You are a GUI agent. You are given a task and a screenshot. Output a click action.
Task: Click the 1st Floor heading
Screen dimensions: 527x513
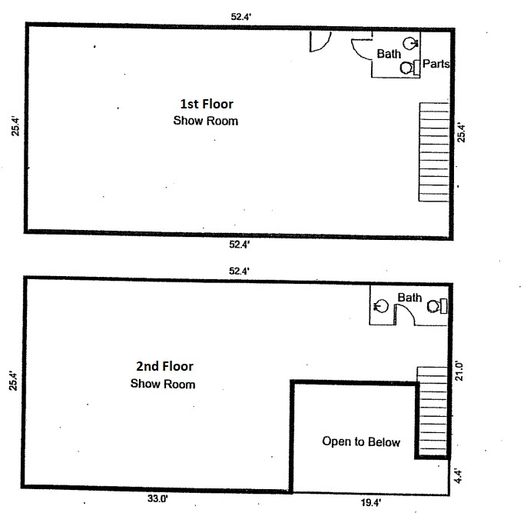click(x=207, y=104)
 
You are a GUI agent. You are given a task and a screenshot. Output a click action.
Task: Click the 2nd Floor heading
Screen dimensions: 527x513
click(x=164, y=366)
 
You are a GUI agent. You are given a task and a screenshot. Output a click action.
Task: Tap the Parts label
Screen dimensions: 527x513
click(x=436, y=64)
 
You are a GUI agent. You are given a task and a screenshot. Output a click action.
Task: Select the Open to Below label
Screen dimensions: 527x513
click(x=361, y=441)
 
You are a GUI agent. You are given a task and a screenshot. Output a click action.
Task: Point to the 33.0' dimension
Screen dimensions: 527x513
click(x=157, y=498)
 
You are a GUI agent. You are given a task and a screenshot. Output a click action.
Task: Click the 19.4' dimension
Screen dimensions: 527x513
click(x=371, y=503)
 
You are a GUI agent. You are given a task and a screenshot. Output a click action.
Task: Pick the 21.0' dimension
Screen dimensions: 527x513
click(x=459, y=371)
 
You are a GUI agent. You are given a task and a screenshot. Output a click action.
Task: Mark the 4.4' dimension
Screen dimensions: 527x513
click(x=458, y=476)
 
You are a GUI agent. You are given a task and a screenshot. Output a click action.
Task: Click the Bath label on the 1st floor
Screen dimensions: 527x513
click(x=389, y=54)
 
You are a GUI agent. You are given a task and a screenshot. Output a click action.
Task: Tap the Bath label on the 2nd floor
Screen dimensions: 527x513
click(x=409, y=298)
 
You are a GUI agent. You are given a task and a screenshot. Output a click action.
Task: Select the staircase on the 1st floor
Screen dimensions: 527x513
click(x=434, y=152)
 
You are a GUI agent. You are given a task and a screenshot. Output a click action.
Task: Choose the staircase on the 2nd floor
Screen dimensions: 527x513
click(x=433, y=412)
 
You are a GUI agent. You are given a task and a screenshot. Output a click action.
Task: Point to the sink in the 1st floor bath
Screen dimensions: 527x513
click(x=410, y=43)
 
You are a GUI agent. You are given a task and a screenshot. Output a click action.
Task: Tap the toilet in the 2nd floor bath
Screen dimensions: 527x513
click(x=436, y=306)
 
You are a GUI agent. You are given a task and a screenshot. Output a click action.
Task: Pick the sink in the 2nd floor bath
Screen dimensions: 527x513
click(x=381, y=306)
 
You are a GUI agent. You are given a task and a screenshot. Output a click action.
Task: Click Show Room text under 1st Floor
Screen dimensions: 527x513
click(x=206, y=121)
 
